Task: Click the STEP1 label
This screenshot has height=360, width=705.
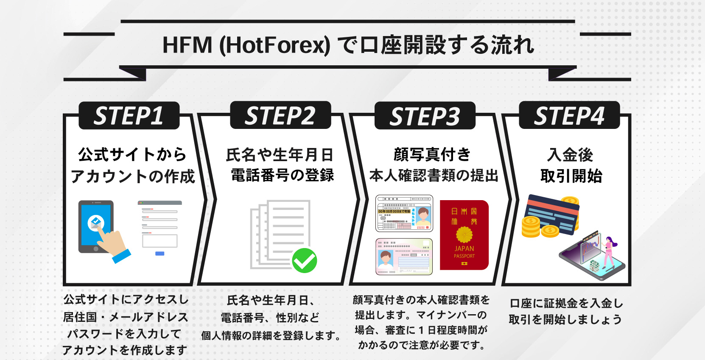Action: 129,116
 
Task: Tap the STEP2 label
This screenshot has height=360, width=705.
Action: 280,116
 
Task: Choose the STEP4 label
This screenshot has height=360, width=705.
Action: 569,116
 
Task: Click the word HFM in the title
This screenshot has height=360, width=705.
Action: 187,45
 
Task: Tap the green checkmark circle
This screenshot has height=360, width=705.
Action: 304,260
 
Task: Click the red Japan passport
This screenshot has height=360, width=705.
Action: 464,235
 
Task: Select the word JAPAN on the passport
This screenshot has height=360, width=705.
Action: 464,248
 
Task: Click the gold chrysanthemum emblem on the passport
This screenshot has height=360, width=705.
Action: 464,234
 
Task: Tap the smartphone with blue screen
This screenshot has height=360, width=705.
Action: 96,226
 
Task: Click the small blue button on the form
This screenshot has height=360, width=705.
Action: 160,254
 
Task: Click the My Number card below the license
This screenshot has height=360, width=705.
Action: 404,257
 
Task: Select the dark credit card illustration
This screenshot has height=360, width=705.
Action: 551,215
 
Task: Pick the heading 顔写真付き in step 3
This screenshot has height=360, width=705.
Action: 432,154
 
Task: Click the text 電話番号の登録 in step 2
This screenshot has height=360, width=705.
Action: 282,175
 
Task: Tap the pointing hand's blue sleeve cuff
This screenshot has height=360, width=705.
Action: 121,256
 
